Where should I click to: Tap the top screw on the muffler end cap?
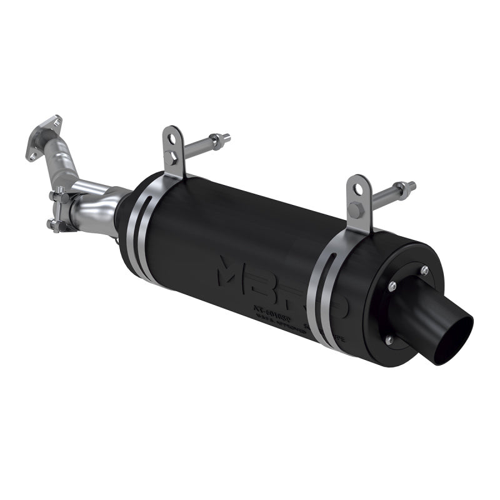[424, 270]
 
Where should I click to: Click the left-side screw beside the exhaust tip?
[392, 286]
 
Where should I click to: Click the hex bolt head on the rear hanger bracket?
[355, 210]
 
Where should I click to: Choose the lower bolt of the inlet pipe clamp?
[56, 224]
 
